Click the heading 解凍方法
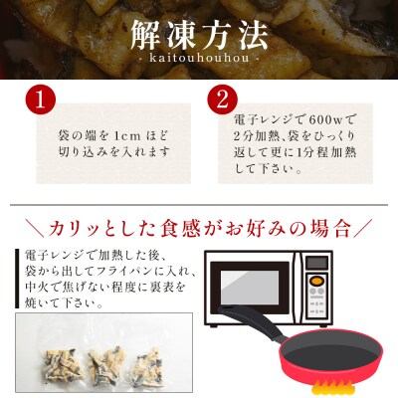pyautogui.click(x=199, y=36)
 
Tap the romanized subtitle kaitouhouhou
pyautogui.click(x=199, y=62)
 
